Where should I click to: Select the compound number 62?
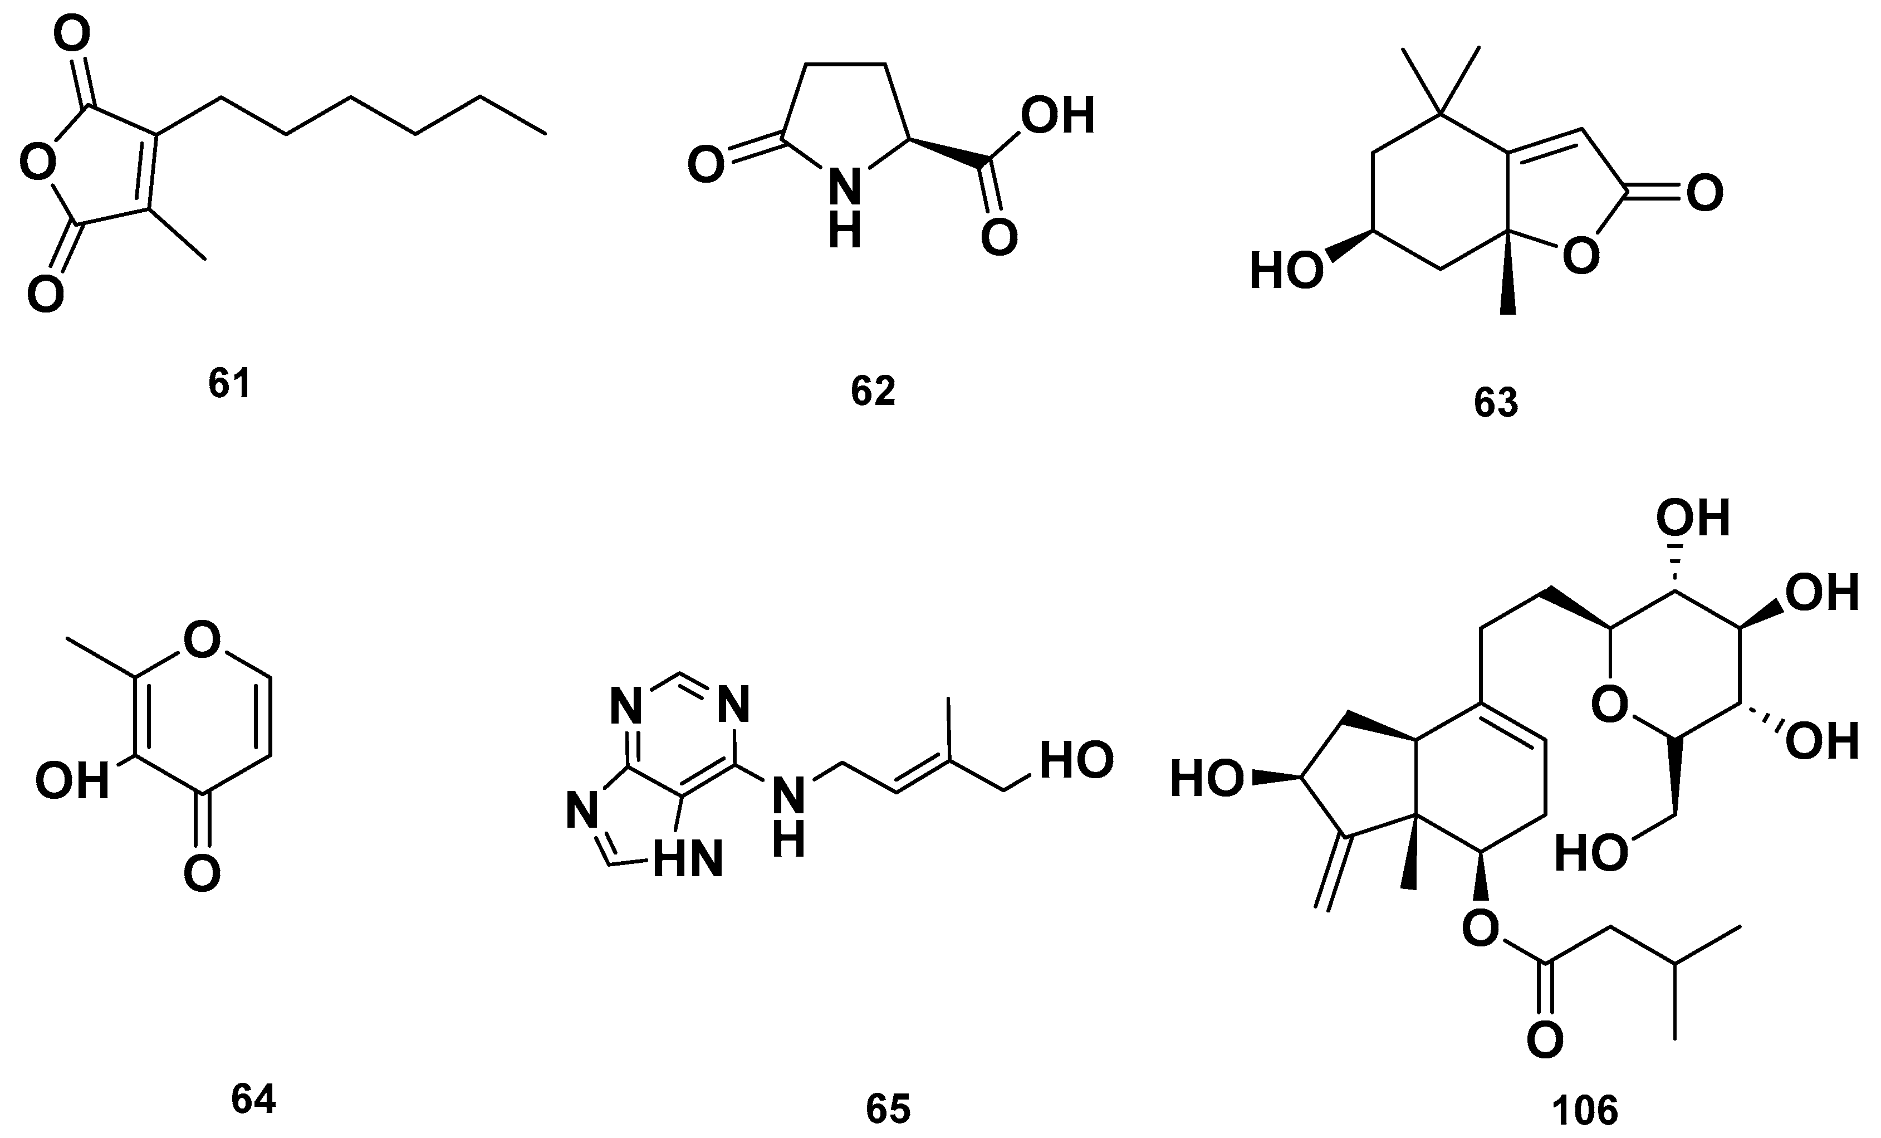873,391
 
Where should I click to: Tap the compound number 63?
1496,403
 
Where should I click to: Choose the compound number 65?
888,1108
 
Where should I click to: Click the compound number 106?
1585,1110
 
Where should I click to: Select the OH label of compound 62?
1057,115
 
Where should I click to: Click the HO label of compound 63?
1286,272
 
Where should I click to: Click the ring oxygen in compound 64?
202,640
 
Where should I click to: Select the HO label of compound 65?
1076,761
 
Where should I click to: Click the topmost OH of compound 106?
1692,519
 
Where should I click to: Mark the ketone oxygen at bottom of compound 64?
202,873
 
